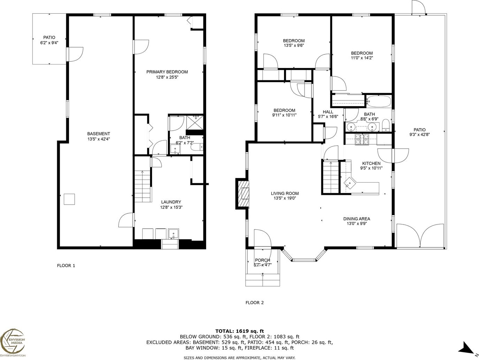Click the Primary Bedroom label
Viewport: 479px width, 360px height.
pyautogui.click(x=167, y=72)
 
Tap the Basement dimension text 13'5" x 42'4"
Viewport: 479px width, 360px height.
pyautogui.click(x=99, y=139)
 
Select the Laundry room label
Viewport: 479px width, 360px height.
pyautogui.click(x=171, y=202)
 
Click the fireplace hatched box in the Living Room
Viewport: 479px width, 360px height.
pyautogui.click(x=243, y=193)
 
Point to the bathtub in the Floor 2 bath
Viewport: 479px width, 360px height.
pyautogui.click(x=379, y=101)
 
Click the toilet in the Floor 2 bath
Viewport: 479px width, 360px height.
pyautogui.click(x=386, y=125)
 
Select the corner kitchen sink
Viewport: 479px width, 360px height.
pyautogui.click(x=350, y=182)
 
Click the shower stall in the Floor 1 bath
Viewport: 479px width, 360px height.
pyautogui.click(x=195, y=123)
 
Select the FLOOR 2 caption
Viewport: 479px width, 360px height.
pyautogui.click(x=254, y=303)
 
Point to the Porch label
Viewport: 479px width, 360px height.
pyautogui.click(x=262, y=260)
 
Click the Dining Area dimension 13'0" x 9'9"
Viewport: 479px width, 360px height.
pyautogui.click(x=357, y=223)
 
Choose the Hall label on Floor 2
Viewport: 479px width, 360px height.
pyautogui.click(x=328, y=112)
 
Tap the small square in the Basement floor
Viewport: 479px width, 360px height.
pyautogui.click(x=69, y=199)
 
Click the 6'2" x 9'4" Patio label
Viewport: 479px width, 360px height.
pyautogui.click(x=49, y=43)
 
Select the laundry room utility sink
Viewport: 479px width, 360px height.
pyautogui.click(x=173, y=234)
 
